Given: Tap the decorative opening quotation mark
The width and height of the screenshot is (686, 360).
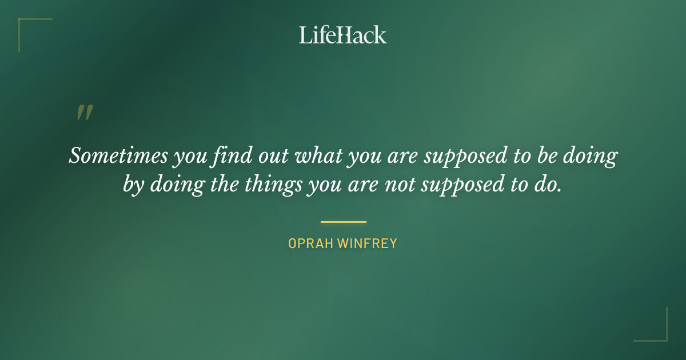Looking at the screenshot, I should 84,113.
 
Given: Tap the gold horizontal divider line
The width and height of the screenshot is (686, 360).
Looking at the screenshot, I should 343,222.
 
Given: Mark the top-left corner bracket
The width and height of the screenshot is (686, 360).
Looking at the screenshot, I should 23,23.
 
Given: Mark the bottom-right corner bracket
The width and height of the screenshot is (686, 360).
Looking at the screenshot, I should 663,337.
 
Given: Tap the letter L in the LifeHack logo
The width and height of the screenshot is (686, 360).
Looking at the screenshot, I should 305,35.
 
